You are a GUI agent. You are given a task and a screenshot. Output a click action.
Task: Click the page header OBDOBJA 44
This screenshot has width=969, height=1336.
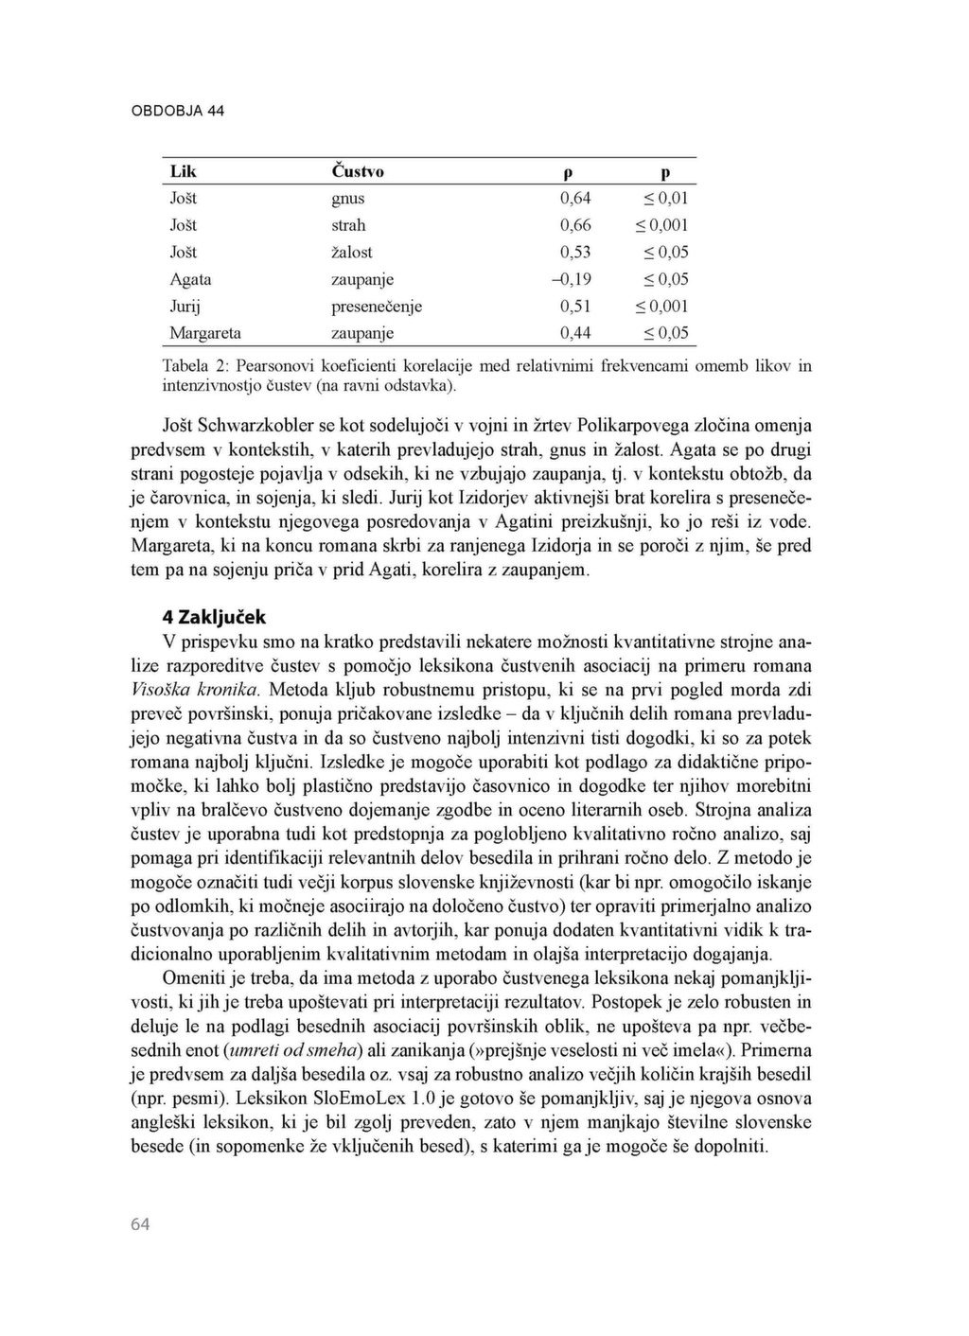coord(178,111)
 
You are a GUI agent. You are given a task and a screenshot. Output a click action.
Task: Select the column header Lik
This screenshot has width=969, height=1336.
coord(184,171)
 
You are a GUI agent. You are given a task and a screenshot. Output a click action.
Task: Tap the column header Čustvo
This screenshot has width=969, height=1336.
coord(358,171)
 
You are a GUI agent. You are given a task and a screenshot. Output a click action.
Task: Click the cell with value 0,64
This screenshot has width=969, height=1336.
coord(575,199)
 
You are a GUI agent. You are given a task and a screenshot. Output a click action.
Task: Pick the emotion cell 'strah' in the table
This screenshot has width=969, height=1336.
coord(348,225)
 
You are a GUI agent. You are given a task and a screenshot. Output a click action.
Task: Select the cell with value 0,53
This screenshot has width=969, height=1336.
coord(575,253)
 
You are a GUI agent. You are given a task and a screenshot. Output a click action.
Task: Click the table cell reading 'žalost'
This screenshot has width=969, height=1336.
coord(352,253)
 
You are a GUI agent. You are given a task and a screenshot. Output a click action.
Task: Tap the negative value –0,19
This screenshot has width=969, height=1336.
coord(572,279)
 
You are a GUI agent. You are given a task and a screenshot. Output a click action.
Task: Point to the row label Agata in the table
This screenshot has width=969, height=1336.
coord(190,279)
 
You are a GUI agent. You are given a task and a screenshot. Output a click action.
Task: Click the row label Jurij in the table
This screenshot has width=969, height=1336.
coord(185,307)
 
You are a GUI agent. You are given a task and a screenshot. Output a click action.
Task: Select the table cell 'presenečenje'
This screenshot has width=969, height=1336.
coord(377,307)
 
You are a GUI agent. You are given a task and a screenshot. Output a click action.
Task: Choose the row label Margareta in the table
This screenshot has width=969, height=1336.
coord(205,333)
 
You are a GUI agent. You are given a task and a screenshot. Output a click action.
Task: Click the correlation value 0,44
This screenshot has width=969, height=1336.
coord(575,333)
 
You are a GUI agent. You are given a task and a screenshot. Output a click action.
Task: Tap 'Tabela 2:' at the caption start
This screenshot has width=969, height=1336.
coord(196,365)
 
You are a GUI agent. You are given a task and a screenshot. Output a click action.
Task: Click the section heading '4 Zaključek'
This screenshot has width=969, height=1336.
coord(214,617)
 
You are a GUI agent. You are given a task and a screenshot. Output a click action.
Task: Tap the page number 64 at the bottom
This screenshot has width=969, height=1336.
coord(140,1224)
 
